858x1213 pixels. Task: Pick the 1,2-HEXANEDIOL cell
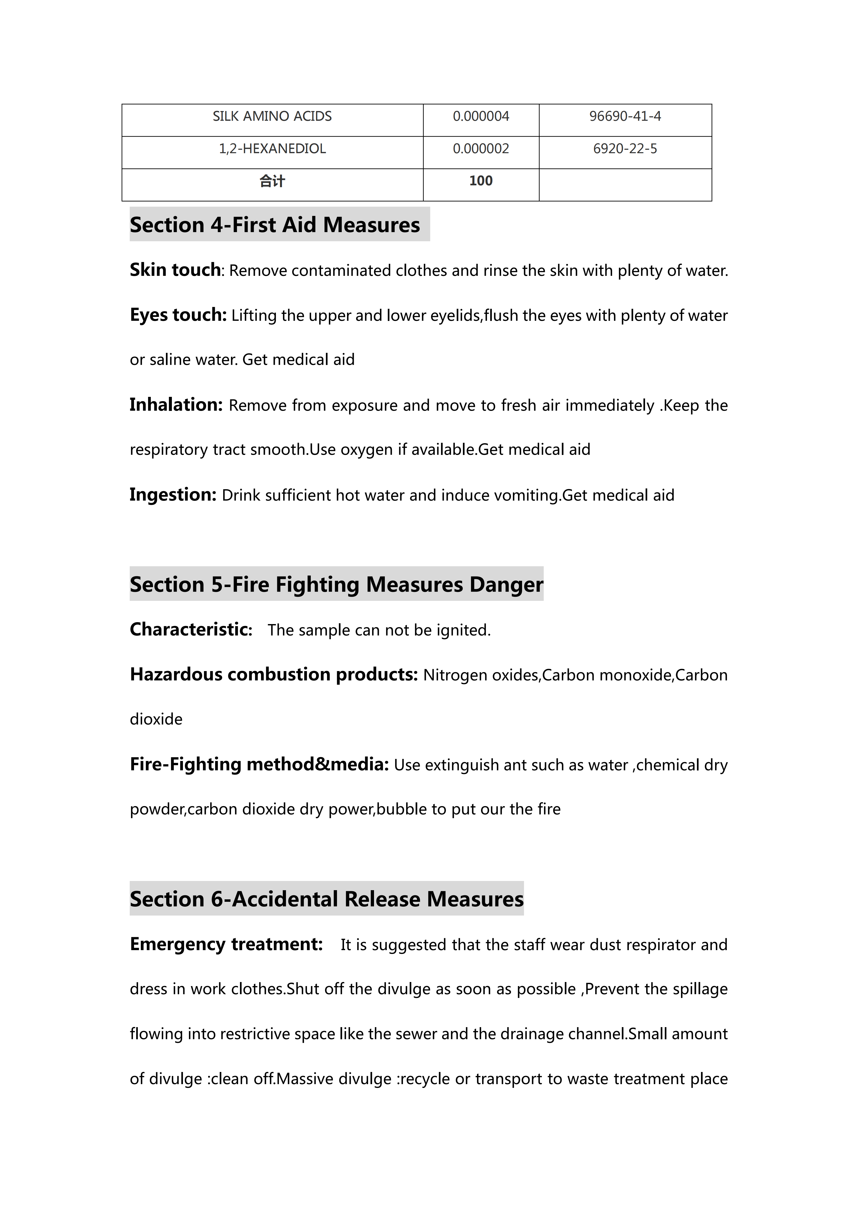coord(272,149)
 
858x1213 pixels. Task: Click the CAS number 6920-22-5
coord(625,149)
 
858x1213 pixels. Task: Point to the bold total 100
coord(481,181)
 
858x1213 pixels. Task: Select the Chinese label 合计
coord(272,181)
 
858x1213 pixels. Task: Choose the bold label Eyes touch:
coord(178,315)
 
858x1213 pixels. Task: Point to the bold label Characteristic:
coord(191,630)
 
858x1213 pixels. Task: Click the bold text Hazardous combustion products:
coord(274,675)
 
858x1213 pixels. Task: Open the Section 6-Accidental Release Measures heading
coord(326,899)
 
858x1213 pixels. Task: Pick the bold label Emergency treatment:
coord(226,944)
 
